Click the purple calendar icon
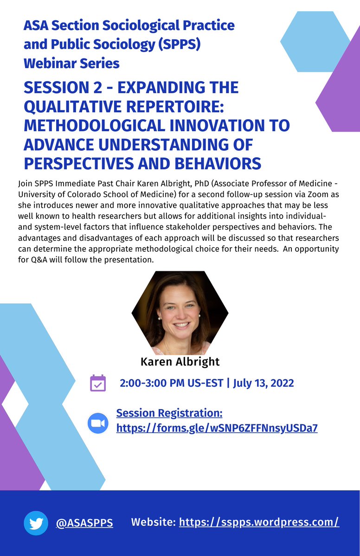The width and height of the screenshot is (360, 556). (x=98, y=383)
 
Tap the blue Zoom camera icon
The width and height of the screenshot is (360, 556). (x=98, y=423)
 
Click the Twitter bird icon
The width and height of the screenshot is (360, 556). (x=36, y=523)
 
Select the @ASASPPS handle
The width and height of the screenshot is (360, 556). (x=84, y=523)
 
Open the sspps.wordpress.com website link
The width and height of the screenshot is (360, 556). (x=259, y=522)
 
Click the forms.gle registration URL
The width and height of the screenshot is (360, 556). (x=217, y=428)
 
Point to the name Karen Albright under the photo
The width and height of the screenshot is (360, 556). (x=180, y=361)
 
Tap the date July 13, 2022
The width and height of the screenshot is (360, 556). (x=264, y=383)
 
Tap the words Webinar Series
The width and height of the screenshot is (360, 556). (x=71, y=63)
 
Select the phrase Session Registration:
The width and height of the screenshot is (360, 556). (x=169, y=413)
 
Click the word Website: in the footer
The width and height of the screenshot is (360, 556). (x=153, y=522)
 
